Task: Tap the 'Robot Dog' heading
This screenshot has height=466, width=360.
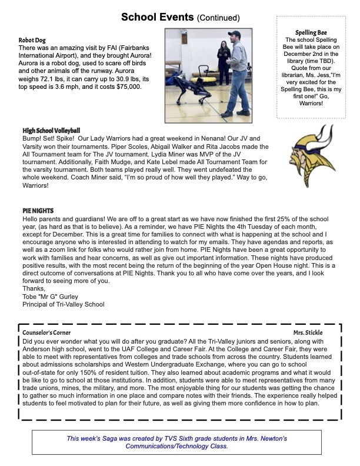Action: pos(32,40)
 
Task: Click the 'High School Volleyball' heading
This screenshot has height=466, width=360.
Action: pos(51,130)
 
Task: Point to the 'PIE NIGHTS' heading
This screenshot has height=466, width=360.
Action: pos(39,210)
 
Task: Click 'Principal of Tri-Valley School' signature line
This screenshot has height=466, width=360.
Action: pos(63,304)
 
